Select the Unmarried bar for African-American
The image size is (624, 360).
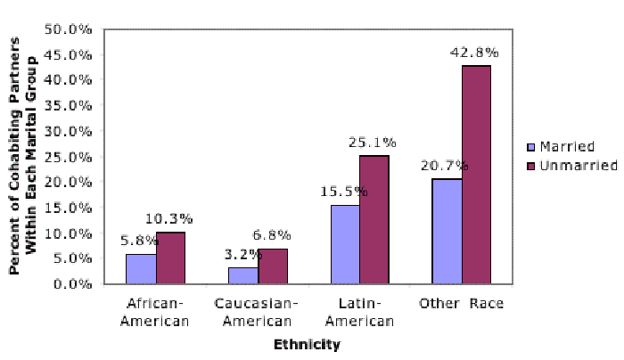pyautogui.click(x=171, y=258)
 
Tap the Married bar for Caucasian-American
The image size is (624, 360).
pyautogui.click(x=242, y=275)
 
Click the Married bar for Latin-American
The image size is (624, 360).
pyautogui.click(x=345, y=244)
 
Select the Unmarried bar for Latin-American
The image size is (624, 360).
pyautogui.click(x=373, y=220)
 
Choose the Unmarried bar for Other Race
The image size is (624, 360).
pyautogui.click(x=476, y=175)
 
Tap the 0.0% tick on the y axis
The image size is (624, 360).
pyautogui.click(x=78, y=284)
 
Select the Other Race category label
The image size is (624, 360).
pyautogui.click(x=462, y=304)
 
